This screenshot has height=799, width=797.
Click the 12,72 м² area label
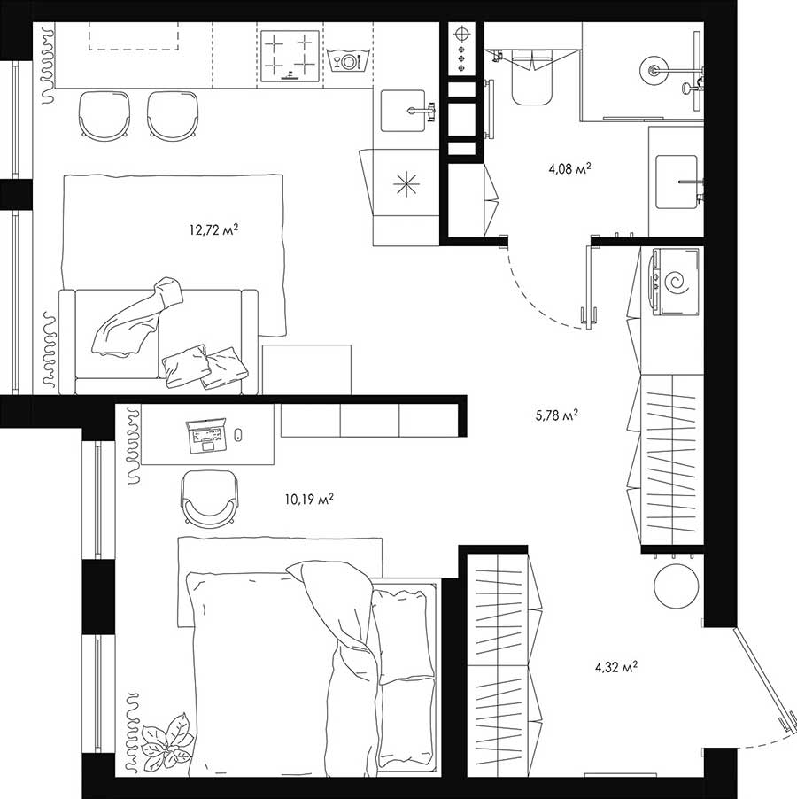point(213,231)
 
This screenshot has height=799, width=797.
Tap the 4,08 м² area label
point(569,167)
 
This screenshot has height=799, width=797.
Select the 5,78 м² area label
point(557,414)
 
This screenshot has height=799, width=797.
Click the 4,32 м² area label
point(617,667)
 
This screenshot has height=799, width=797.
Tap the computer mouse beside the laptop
point(237,434)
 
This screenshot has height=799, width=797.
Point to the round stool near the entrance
point(677,586)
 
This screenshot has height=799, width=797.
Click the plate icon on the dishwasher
point(349,61)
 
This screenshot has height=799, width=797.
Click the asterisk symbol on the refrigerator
point(406,183)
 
